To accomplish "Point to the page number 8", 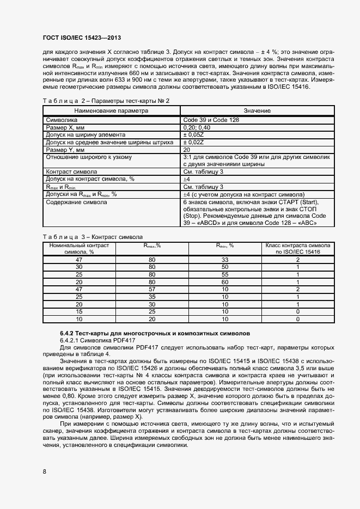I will click(44, 471).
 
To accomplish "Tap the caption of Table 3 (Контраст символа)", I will click(92, 237).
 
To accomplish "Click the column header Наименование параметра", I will click(112, 111).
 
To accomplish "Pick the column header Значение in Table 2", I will click(257, 111).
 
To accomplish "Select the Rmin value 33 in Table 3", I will click(224, 260).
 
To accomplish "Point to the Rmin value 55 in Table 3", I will click(224, 275).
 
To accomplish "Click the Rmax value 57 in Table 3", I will click(152, 290).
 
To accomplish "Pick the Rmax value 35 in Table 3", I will click(152, 297).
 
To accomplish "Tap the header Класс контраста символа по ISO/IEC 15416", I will click(297, 249).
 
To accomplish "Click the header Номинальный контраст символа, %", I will click(79, 249).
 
